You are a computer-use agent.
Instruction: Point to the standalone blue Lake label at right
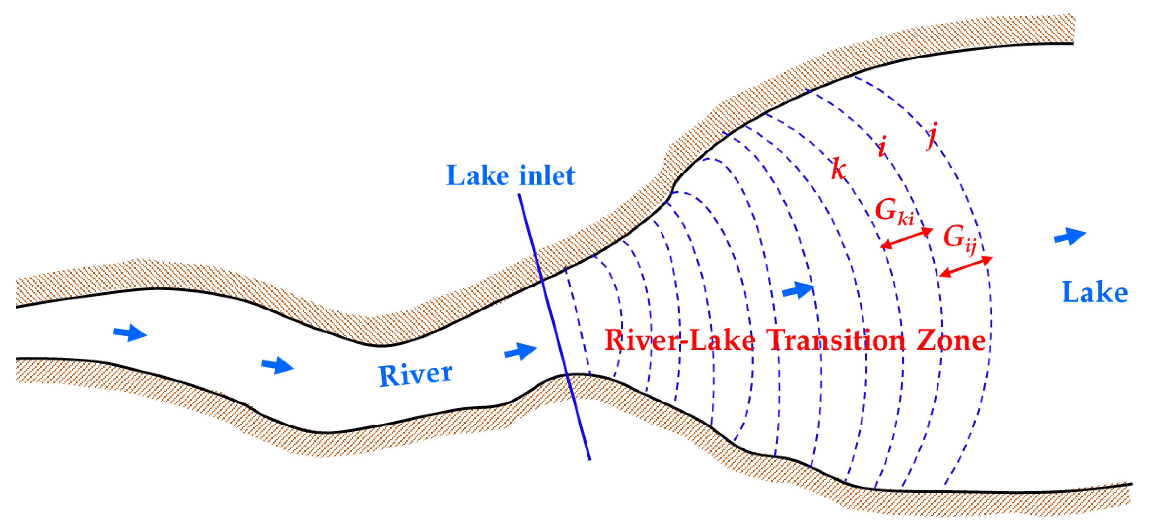point(1095,293)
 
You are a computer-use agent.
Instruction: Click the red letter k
point(838,169)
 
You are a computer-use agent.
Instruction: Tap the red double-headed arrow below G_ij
point(966,266)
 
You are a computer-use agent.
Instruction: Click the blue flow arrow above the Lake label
point(1070,236)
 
